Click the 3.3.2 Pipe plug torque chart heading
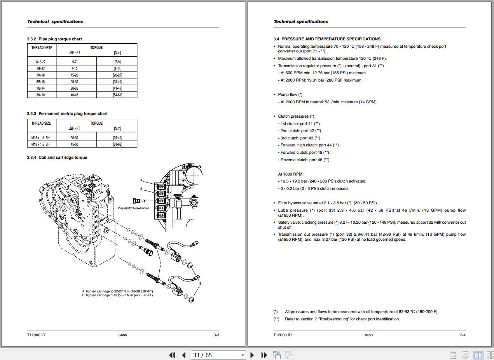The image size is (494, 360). pos(54,39)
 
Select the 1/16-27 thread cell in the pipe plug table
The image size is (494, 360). pos(40,62)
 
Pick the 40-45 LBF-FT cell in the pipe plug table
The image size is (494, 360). pos(74,95)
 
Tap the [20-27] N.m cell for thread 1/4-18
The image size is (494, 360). pos(117,75)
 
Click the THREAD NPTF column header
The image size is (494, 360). pos(42,48)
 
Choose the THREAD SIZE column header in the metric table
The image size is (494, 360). pos(41,123)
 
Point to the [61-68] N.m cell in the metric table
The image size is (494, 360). pos(117,144)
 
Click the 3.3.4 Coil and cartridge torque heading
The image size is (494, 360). pos(57,157)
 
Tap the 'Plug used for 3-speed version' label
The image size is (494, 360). pos(133,208)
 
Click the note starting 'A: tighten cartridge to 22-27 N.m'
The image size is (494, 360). pos(117,291)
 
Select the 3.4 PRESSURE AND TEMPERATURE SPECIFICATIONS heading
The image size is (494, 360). pos(327,39)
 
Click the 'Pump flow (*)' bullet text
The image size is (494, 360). pos(290,94)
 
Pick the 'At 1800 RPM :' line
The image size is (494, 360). pos(291,174)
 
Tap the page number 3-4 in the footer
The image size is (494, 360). pos(463,335)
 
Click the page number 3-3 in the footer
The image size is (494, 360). pos(216,335)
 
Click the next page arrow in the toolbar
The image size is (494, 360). pos(252,355)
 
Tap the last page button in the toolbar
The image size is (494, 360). pos(264,355)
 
